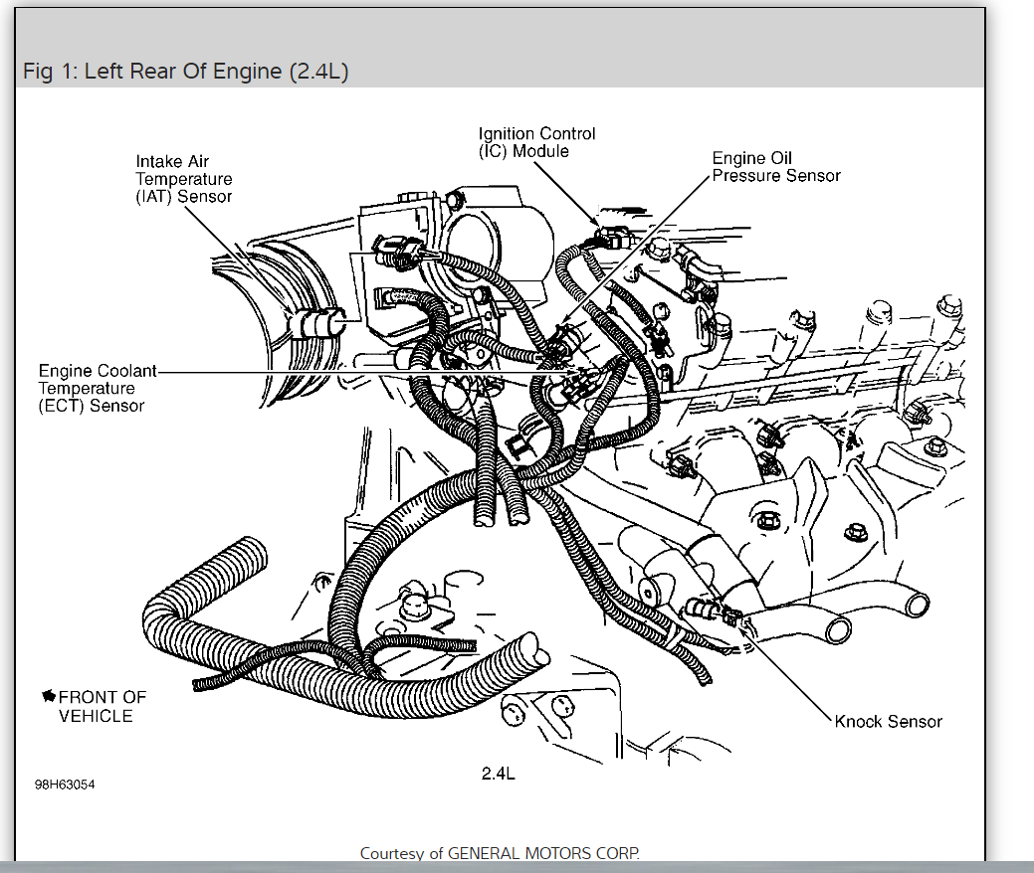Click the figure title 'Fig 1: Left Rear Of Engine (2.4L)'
(185, 73)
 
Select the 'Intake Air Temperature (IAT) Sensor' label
(184, 179)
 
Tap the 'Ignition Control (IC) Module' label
(536, 142)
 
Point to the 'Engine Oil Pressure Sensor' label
(776, 167)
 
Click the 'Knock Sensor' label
(888, 722)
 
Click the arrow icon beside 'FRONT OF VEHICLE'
(48, 697)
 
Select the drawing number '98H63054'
(65, 785)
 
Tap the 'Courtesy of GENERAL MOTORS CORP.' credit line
(500, 853)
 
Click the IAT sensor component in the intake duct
(319, 323)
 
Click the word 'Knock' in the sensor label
(858, 722)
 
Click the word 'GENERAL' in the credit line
(482, 853)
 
